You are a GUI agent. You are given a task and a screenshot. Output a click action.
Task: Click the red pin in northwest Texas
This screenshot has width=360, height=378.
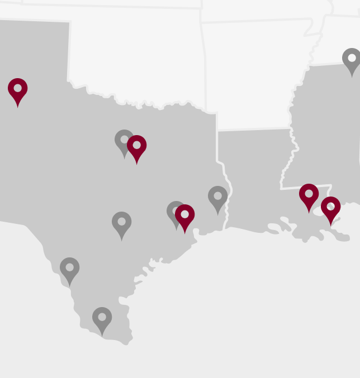(x=17, y=90)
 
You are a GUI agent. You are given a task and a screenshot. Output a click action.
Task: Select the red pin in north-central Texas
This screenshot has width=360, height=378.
(x=136, y=147)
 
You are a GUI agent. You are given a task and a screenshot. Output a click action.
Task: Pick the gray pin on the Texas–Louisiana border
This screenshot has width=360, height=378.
(x=217, y=198)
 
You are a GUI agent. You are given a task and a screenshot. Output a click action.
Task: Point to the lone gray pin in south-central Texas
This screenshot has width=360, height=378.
(x=121, y=223)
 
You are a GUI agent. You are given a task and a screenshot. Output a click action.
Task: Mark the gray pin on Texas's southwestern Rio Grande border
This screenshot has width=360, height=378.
(x=69, y=269)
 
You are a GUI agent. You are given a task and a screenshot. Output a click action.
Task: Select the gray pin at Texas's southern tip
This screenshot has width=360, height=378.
(x=102, y=319)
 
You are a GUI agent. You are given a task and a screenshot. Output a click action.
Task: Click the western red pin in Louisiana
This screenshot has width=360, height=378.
(x=309, y=195)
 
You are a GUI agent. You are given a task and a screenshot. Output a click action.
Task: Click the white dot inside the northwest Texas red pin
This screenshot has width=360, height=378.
(x=17, y=88)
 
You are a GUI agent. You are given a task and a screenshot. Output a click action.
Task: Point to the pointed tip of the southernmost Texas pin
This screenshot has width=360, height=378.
(x=102, y=336)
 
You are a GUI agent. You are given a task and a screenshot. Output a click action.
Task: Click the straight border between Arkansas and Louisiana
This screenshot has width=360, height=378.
(x=254, y=130)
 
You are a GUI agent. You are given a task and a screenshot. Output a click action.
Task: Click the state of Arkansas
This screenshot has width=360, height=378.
(x=252, y=73)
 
